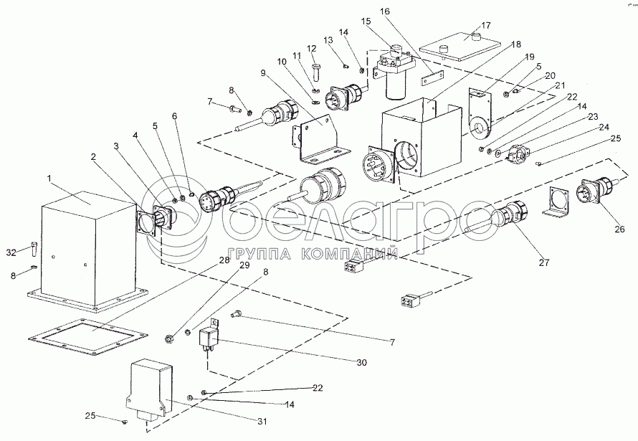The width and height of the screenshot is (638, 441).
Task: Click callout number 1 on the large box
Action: coord(49,178)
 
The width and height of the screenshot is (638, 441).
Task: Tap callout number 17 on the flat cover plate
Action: coord(486,25)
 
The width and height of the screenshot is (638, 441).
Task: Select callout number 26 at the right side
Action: coord(619,229)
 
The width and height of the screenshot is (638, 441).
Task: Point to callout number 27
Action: coord(544,262)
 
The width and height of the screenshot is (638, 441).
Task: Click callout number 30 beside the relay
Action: coord(361,362)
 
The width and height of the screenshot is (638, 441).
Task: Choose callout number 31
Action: coord(263,422)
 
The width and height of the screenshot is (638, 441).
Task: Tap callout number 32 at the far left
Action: coord(11,252)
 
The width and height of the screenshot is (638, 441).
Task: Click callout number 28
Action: coord(224,261)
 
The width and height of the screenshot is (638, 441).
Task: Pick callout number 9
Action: coord(263,73)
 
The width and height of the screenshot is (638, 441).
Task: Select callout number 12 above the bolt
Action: coord(311,49)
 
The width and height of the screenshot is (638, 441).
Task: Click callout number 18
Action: coord(516,44)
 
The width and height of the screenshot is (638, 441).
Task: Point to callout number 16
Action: coord(384,11)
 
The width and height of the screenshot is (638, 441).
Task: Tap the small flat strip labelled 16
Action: coord(432,77)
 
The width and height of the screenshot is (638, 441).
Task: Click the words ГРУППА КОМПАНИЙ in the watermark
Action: coord(313,254)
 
